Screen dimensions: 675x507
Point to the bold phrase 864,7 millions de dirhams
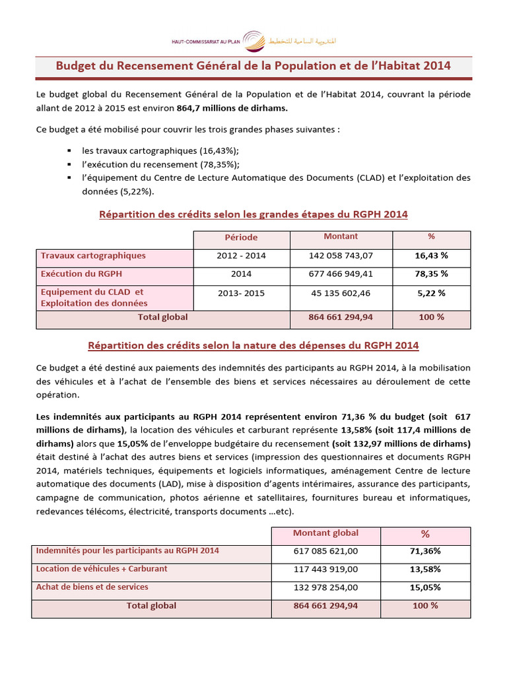click(x=233, y=108)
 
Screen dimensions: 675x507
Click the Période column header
click(x=241, y=237)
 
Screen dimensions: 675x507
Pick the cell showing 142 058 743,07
click(x=341, y=256)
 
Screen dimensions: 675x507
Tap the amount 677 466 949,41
click(x=341, y=274)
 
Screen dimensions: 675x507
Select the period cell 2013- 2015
click(x=241, y=292)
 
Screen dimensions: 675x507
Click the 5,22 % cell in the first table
click(x=432, y=292)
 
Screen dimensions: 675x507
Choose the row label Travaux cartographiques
click(x=93, y=256)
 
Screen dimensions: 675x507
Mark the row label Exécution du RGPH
click(x=82, y=274)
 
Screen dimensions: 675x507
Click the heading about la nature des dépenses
click(x=253, y=345)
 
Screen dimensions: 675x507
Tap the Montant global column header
click(x=325, y=533)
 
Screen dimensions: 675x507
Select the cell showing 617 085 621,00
click(x=325, y=551)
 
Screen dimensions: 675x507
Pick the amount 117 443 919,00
click(x=325, y=569)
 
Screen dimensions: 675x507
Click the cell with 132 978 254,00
click(x=325, y=587)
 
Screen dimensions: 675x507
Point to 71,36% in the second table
click(x=425, y=551)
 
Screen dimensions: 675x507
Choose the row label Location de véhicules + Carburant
click(x=102, y=569)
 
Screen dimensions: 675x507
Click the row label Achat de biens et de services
click(x=92, y=587)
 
